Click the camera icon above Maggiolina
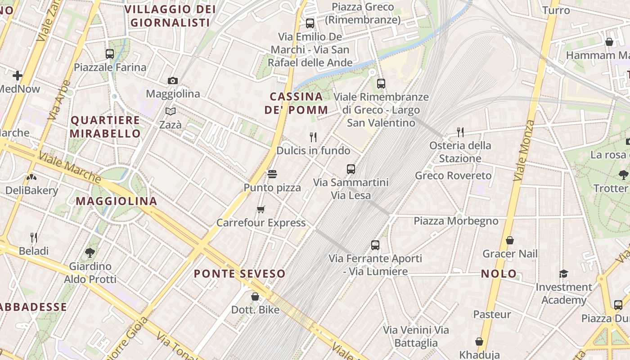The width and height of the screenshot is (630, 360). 173,81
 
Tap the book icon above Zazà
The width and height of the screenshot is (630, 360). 171,111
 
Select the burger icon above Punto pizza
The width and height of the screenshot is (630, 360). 272,174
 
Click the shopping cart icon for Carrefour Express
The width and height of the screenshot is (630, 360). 261,209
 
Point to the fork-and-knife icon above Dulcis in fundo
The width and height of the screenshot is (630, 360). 313,137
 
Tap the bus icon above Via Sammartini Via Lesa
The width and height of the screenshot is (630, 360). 351,169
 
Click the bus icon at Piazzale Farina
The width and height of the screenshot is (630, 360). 110,54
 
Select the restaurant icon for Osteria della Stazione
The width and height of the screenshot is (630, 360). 460,132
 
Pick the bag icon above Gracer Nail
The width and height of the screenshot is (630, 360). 510,240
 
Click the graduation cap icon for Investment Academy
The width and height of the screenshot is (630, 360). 563,274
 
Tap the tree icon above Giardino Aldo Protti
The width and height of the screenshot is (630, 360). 90,252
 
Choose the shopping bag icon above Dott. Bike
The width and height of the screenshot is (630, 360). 255,297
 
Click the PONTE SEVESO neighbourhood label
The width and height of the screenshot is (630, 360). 239,274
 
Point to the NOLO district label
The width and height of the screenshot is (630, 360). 499,274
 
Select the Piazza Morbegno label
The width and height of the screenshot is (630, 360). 456,221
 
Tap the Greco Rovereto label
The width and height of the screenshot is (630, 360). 453,175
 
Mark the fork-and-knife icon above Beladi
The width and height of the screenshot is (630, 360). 34,237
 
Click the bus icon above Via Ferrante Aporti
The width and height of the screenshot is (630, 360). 375,245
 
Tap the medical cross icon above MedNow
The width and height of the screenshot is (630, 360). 18,76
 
